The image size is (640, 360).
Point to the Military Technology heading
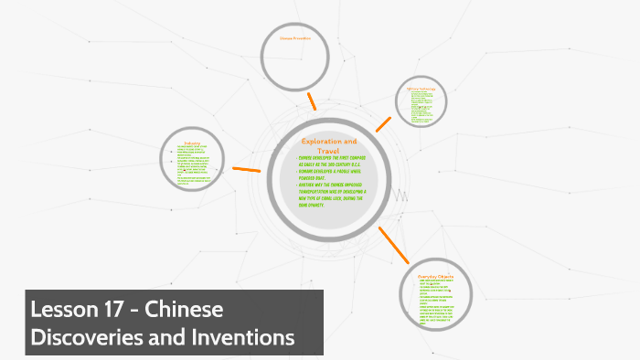click(422, 89)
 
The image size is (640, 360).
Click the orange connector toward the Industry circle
click(248, 170)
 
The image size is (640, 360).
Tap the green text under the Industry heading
click(192, 164)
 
